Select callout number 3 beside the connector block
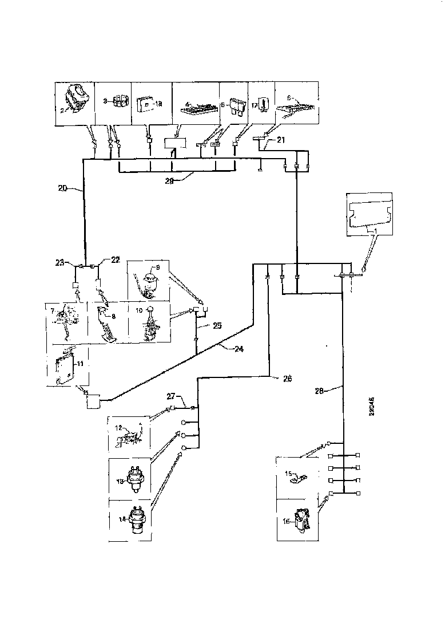click(105, 100)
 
